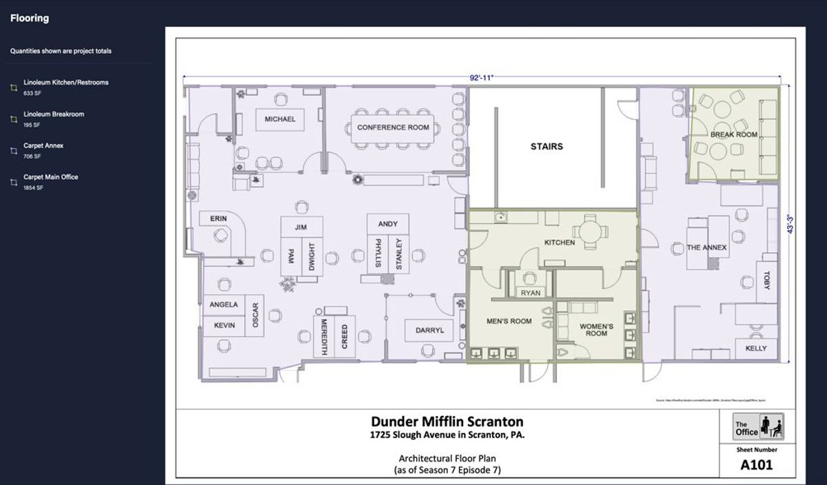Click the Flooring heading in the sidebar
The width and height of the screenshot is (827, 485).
29,19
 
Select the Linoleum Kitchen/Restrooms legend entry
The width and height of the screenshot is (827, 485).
65,83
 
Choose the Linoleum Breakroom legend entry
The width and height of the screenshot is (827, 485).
54,114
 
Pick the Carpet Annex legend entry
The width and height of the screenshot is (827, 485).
43,146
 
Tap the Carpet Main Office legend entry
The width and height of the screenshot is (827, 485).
50,177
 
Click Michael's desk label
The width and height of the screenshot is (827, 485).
280,119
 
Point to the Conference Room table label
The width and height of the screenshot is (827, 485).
393,127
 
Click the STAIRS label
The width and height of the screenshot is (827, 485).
547,147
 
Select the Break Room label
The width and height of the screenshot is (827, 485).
733,135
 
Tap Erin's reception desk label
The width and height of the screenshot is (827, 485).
218,219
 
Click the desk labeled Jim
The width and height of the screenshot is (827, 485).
300,227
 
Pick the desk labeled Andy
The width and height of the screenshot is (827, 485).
388,224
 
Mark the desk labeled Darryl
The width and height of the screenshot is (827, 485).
429,331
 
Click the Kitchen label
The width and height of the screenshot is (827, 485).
559,242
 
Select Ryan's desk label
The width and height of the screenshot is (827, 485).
530,293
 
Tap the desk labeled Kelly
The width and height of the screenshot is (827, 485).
756,349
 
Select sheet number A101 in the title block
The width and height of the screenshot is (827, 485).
756,464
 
